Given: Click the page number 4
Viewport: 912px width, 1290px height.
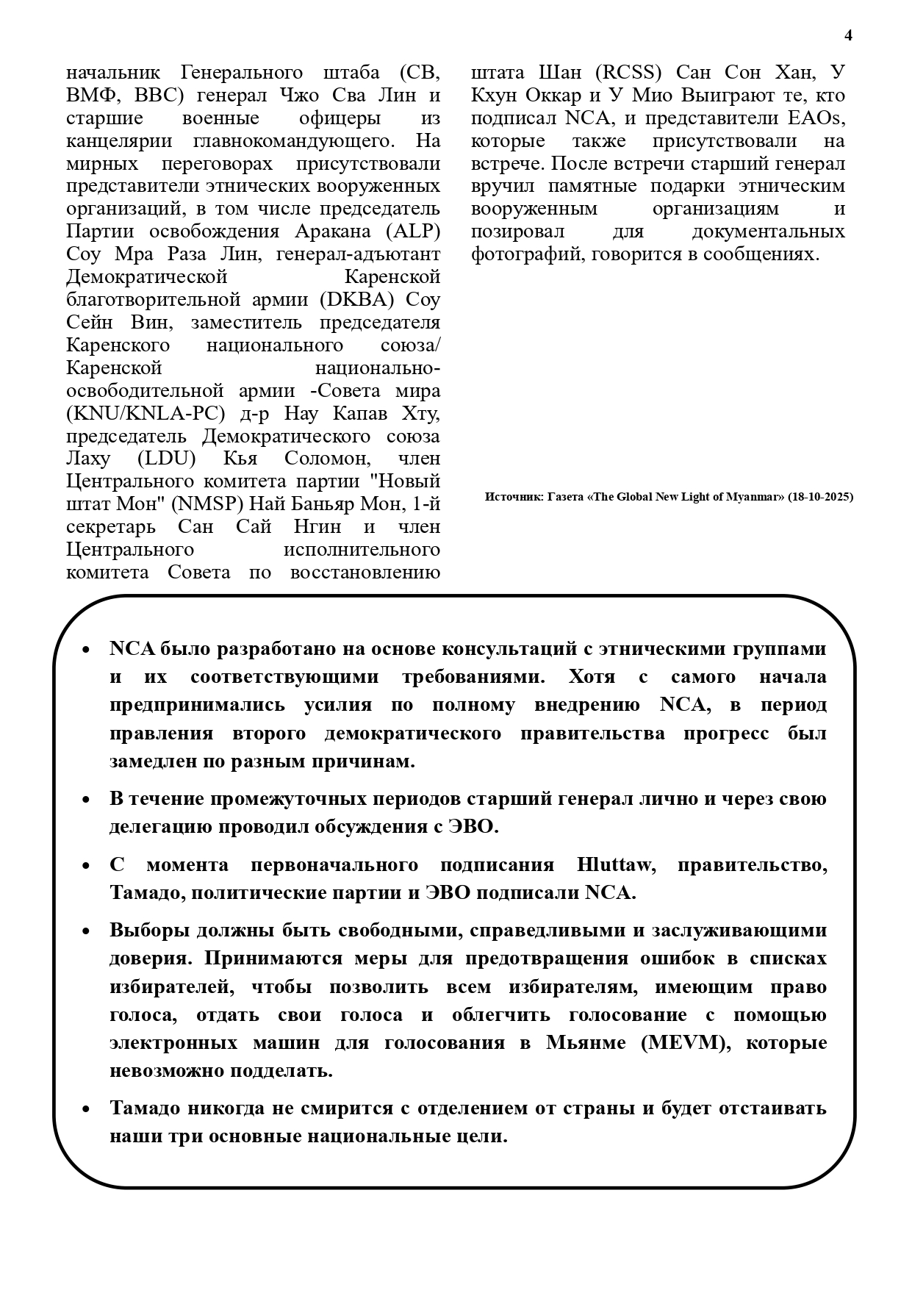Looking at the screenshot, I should click(849, 35).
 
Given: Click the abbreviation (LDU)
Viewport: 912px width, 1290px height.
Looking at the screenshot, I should click(166, 459).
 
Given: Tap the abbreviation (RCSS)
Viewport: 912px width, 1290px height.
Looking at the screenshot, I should click(628, 73).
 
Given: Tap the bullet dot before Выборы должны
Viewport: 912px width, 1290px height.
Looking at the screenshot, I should click(86, 931).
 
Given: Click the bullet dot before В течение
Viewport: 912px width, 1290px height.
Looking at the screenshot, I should click(86, 800).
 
